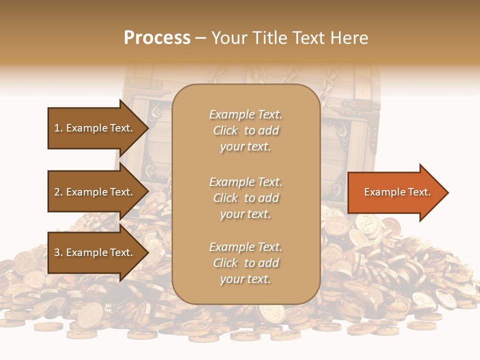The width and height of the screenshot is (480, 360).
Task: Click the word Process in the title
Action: [x=157, y=38]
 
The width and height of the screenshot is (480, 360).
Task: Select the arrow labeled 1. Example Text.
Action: [x=95, y=128]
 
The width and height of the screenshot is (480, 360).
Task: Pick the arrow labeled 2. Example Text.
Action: [x=95, y=192]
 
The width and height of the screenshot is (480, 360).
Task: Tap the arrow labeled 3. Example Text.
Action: [x=95, y=252]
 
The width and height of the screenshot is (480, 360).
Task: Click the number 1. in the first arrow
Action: [x=58, y=128]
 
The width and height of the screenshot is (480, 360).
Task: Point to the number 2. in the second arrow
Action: [x=58, y=192]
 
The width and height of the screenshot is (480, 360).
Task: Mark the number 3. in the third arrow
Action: [x=58, y=252]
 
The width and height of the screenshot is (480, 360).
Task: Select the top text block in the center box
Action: [x=245, y=130]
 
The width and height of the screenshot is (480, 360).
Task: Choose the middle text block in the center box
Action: [x=245, y=198]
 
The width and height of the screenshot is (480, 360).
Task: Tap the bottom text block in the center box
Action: [x=245, y=263]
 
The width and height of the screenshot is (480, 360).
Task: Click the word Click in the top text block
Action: [x=225, y=130]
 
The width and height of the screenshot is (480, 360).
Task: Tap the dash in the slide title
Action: [x=200, y=38]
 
